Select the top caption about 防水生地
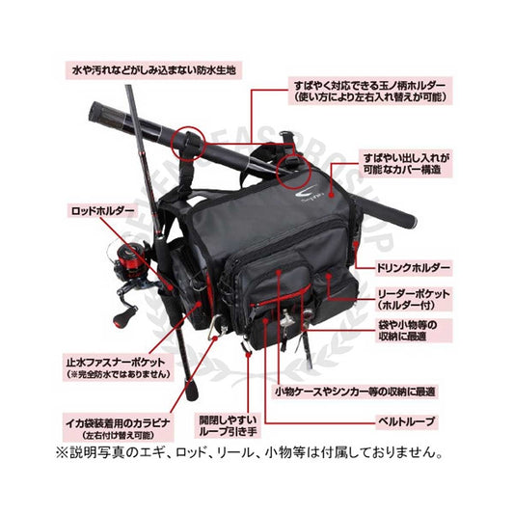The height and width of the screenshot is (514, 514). click(154, 70)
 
